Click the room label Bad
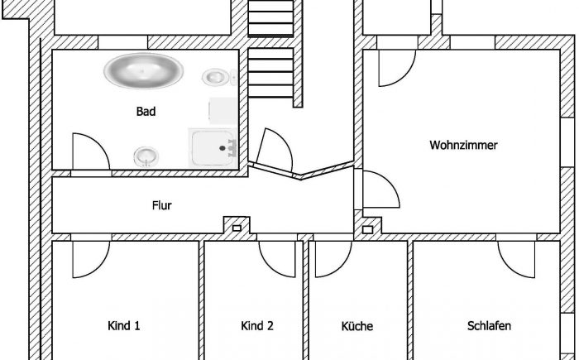tap(146, 111)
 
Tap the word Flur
tap(162, 205)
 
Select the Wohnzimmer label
tap(463, 145)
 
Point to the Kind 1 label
tap(124, 325)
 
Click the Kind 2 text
tap(257, 325)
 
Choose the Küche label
tap(356, 326)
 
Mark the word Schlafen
tap(489, 325)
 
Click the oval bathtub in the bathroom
tap(143, 70)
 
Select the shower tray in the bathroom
tap(214, 147)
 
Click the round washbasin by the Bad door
tap(146, 154)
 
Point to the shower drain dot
tap(222, 147)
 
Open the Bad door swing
tap(88, 153)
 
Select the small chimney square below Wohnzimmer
tap(369, 228)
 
